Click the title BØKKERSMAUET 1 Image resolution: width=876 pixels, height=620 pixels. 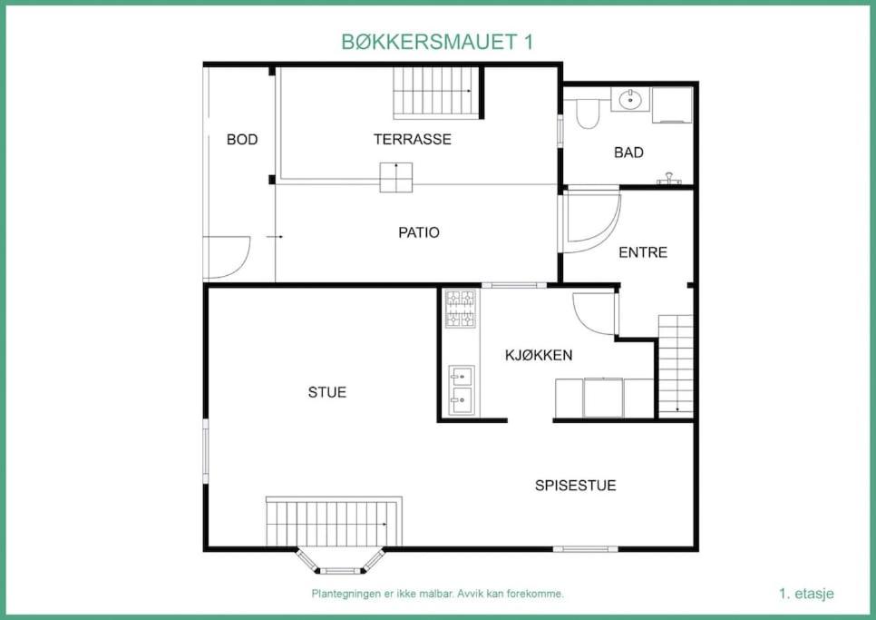437,42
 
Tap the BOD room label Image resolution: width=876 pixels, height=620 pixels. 242,139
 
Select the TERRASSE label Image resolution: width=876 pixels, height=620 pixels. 413,139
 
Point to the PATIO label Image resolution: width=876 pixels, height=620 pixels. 418,232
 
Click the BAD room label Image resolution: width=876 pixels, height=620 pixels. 628,153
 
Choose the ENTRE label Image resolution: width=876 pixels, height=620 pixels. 643,252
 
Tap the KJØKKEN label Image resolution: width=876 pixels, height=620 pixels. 539,355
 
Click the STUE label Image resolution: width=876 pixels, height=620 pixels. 326,392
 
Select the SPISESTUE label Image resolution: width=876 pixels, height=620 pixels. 576,486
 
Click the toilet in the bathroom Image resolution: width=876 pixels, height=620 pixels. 587,113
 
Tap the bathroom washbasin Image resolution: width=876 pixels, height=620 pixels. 630,100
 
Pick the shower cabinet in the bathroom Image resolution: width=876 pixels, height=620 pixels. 672,104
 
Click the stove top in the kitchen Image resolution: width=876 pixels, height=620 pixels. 461,308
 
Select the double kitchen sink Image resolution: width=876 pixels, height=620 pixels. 462,390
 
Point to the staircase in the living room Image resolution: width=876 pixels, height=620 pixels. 334,521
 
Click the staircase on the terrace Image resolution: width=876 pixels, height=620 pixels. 436,93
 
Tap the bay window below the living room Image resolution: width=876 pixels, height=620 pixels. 340,561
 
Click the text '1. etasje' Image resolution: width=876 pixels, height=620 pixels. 806,594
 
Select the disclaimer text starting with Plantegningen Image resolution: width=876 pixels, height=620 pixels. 437,594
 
